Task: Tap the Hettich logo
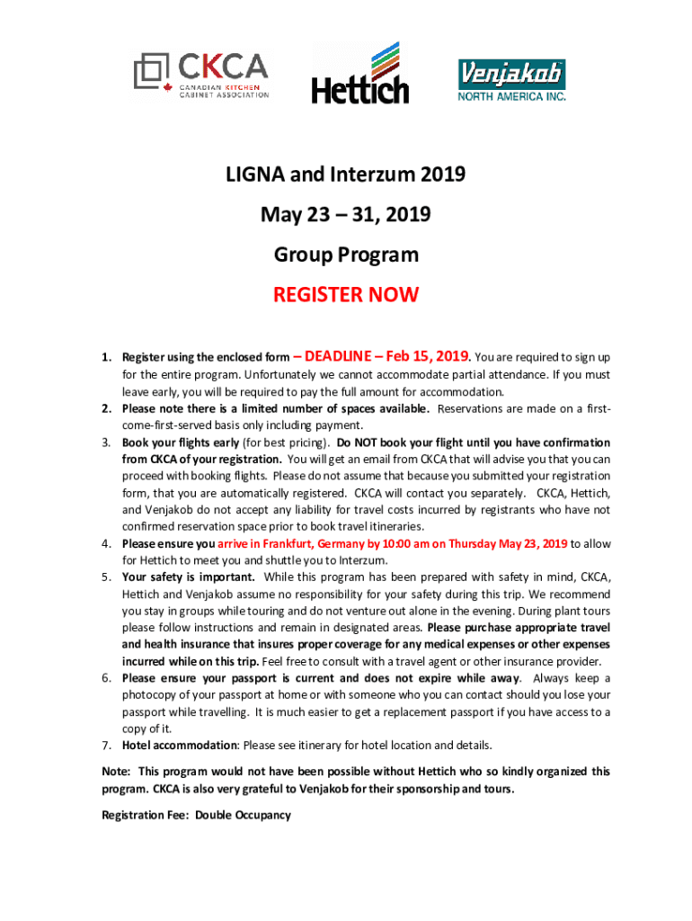(359, 74)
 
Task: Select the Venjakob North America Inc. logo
(512, 80)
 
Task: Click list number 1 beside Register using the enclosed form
(105, 358)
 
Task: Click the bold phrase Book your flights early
(180, 443)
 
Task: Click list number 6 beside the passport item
(105, 678)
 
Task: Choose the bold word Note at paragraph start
(114, 772)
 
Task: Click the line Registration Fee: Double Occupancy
(196, 815)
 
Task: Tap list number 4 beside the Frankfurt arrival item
(105, 543)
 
